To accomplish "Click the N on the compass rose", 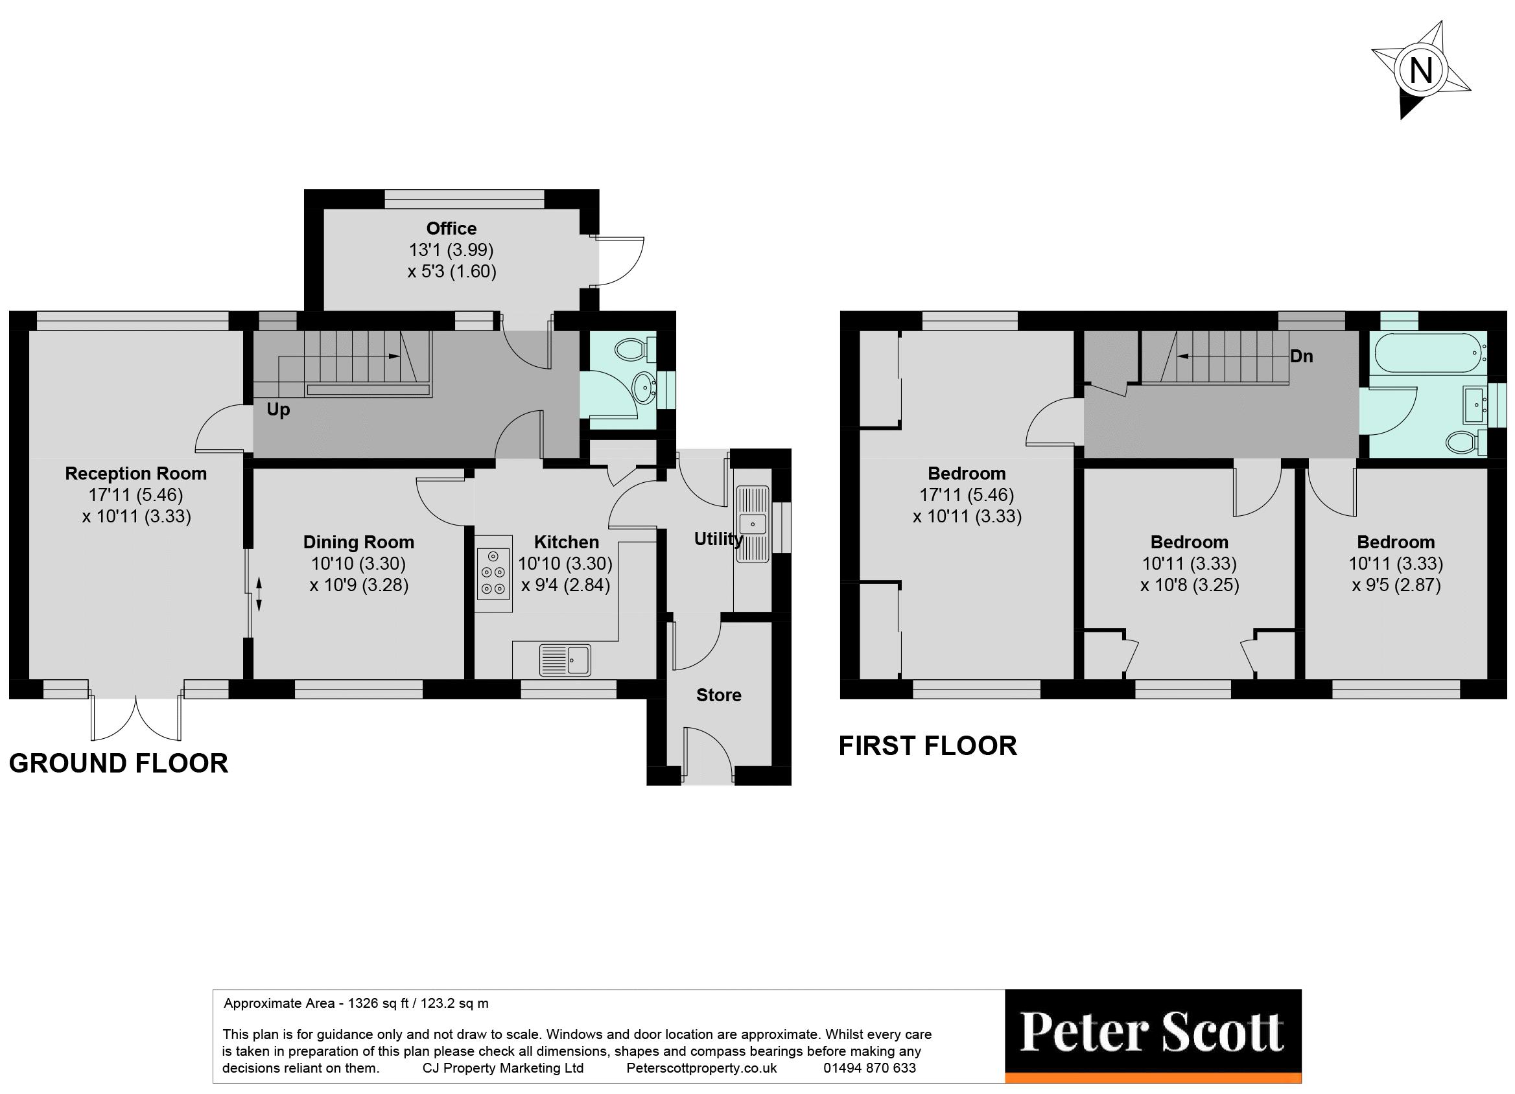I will pos(1420,70).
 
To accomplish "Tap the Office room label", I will pos(451,228).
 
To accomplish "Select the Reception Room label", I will pos(135,474).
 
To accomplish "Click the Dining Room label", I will pos(358,542).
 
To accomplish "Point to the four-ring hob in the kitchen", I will pos(493,572).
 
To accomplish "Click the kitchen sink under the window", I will pos(565,659).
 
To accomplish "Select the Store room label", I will pos(719,695).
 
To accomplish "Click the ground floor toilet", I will pos(633,349).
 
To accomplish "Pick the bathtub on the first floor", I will pos(1427,352).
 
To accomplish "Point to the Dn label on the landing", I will pos(1300,356).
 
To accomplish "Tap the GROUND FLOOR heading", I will pos(118,763).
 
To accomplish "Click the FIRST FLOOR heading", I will pos(927,745).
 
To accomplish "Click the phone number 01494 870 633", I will pos(869,1067).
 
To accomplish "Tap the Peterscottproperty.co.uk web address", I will pos(701,1067).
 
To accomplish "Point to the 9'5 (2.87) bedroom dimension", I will pos(1396,585).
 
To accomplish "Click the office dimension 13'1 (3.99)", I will pos(451,250).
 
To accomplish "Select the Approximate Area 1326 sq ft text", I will pos(356,1003).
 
